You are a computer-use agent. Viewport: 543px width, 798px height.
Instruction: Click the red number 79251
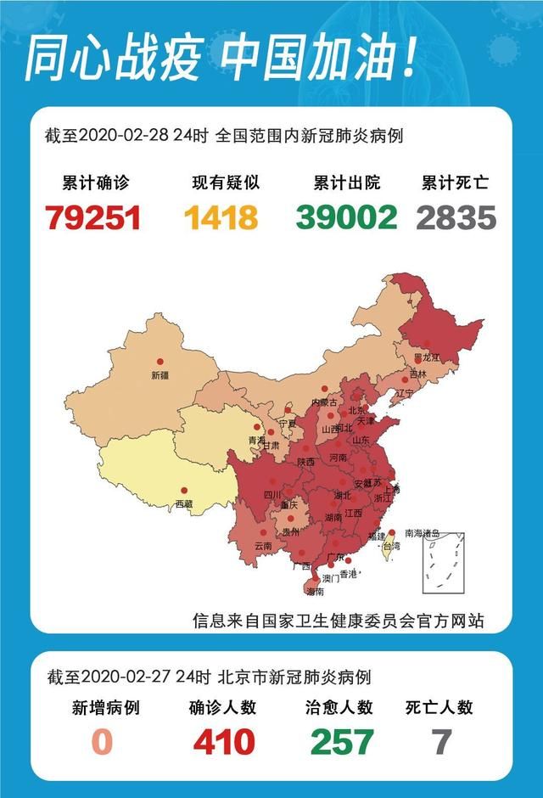93,217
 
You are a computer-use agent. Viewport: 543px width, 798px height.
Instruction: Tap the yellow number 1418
221,217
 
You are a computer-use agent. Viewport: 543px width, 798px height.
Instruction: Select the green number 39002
347,217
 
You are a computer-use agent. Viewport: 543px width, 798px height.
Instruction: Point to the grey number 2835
456,217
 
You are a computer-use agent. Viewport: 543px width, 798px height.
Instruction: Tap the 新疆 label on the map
160,374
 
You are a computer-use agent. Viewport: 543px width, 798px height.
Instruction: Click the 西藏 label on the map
184,504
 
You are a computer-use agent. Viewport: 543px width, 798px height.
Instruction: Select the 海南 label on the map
314,591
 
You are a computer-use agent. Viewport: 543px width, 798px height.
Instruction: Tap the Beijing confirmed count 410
224,742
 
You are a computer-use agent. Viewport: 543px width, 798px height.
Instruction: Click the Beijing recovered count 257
341,742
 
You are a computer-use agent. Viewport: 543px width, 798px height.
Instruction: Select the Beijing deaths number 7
441,742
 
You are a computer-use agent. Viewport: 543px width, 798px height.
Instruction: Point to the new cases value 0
102,742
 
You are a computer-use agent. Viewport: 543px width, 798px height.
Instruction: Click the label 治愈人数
339,707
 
